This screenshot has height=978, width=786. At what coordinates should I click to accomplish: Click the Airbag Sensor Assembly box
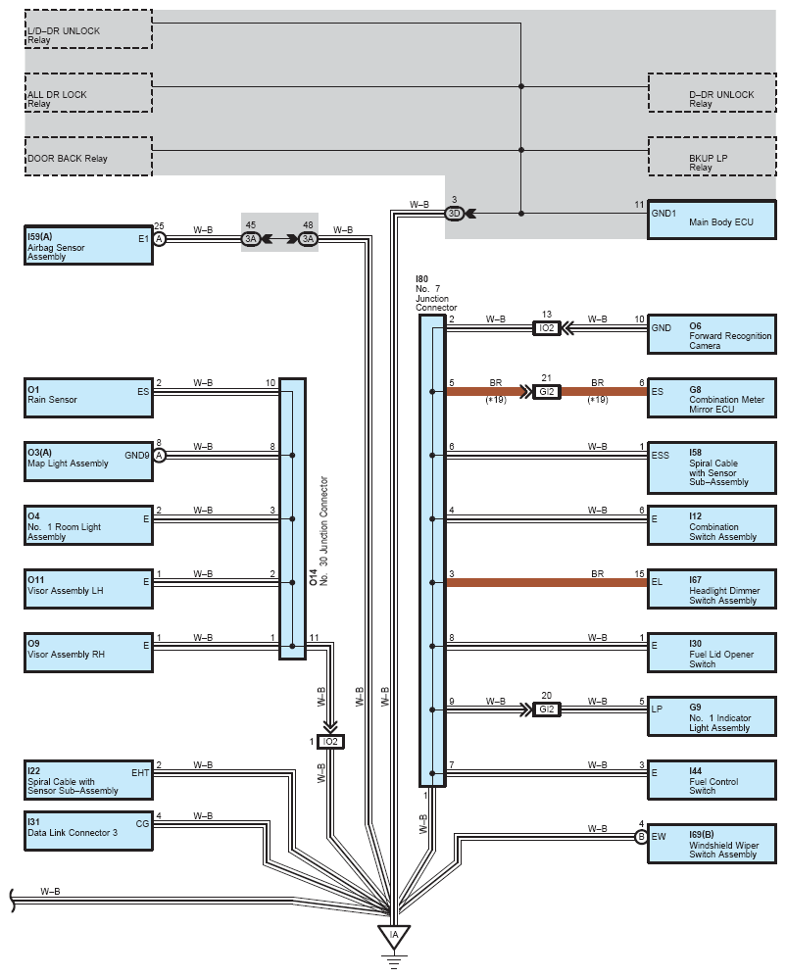88,245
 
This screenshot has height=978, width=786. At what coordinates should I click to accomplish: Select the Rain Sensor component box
88,397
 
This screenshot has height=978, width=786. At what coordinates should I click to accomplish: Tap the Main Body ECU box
712,220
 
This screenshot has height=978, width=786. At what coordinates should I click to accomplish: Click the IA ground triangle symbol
394,937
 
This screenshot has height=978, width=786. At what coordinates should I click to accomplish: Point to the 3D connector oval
454,214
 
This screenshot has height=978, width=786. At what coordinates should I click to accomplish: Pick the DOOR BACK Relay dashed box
88,156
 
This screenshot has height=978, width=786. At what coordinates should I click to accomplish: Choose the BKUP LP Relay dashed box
712,156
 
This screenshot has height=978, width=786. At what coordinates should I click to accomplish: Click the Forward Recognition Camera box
712,334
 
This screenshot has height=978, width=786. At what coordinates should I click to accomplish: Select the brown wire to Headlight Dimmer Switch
547,582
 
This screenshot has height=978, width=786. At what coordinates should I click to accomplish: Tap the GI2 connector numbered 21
547,392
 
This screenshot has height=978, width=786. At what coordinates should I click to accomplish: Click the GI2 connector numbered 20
547,709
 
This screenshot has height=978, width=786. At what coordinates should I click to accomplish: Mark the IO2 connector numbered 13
547,328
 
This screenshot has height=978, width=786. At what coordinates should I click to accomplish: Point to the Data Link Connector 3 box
88,831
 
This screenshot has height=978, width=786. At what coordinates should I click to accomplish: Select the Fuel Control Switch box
712,780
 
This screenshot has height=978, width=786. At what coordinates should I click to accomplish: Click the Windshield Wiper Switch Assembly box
712,844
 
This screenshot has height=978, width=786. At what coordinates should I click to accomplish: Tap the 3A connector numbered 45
250,239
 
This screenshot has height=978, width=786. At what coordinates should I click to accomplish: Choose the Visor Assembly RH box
88,653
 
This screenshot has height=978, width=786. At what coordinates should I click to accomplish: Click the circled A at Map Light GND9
159,456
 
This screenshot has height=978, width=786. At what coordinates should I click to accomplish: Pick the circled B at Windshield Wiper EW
641,837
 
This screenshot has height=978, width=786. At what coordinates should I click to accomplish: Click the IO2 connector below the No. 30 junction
330,742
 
